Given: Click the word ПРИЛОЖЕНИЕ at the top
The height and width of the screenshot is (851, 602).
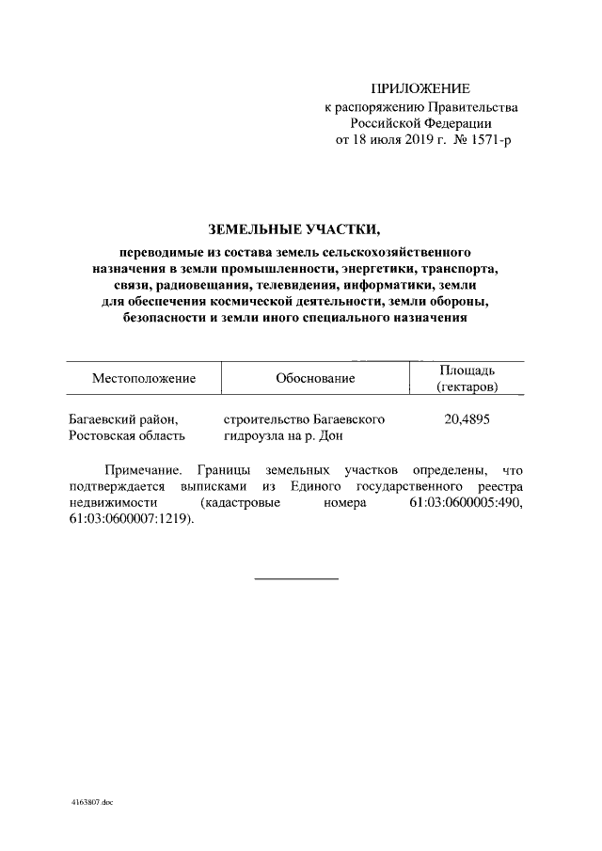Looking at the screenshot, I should click(x=420, y=89).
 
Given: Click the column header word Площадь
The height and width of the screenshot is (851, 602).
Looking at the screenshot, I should click(x=467, y=370).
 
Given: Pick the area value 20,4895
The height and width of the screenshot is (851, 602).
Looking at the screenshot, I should click(x=467, y=419).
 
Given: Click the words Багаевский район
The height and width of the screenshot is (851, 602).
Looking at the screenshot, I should click(x=123, y=419).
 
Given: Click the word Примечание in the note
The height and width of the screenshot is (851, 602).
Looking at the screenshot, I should click(x=141, y=469).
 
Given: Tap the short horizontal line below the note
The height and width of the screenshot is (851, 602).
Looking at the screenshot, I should click(x=296, y=577).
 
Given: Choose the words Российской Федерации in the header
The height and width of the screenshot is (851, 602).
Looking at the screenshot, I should click(x=420, y=123).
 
